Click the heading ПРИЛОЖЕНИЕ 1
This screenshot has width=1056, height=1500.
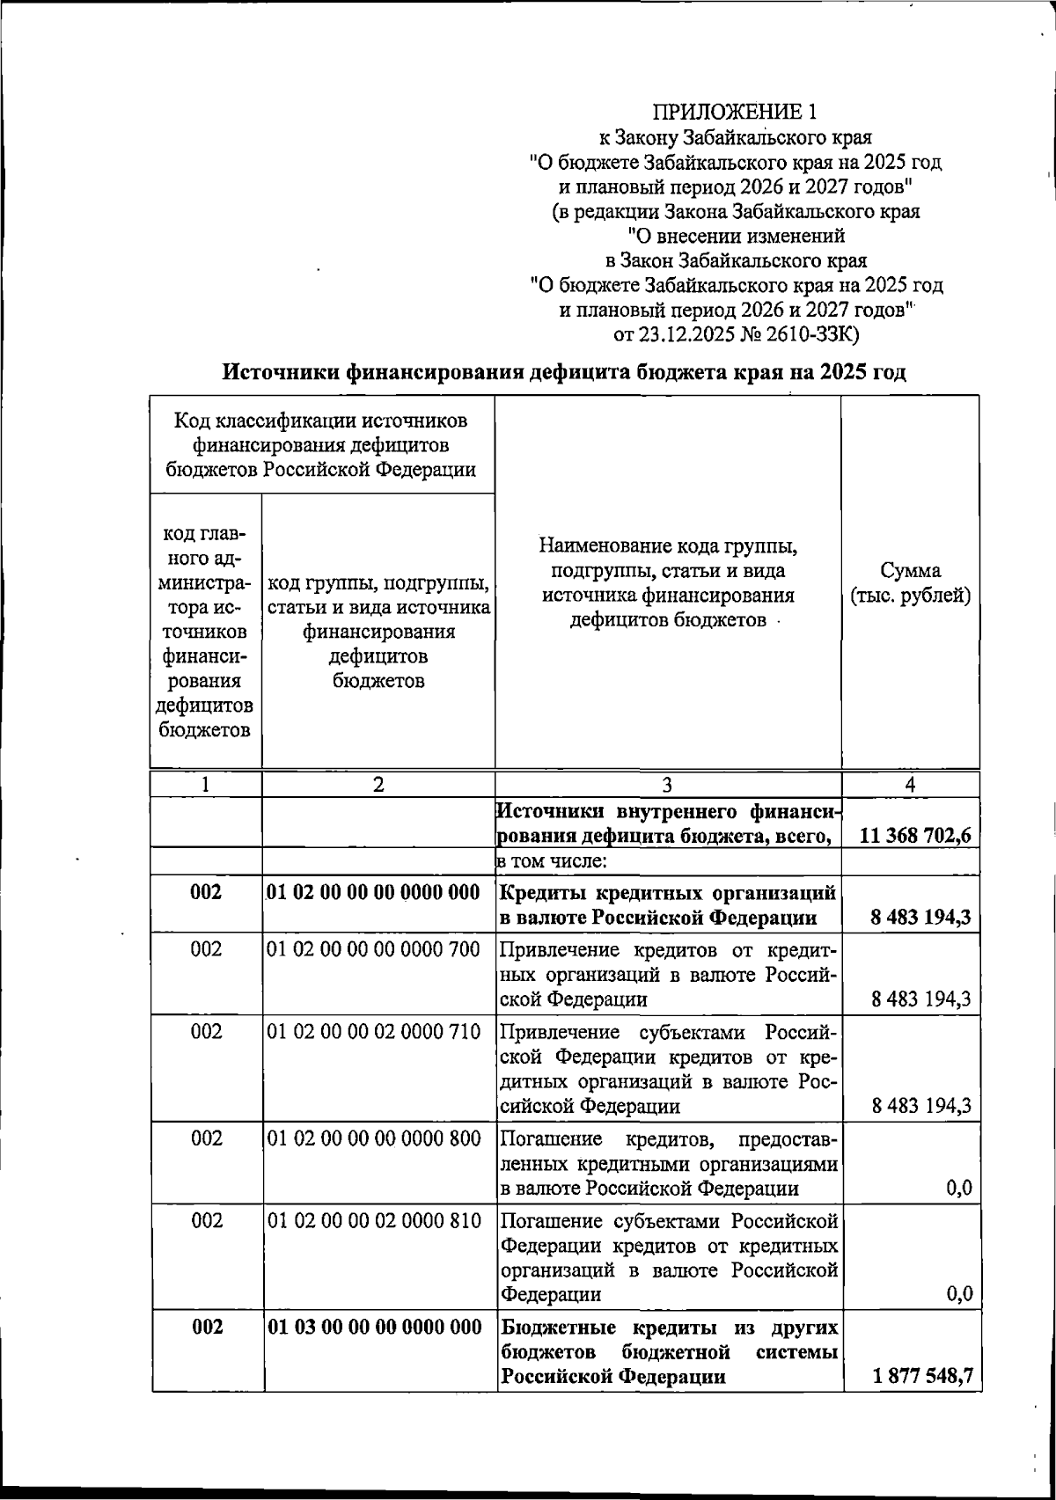(735, 113)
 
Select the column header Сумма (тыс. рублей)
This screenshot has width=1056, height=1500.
(910, 583)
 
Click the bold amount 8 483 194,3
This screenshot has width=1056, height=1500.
(921, 918)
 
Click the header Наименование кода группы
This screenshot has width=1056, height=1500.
(668, 547)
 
